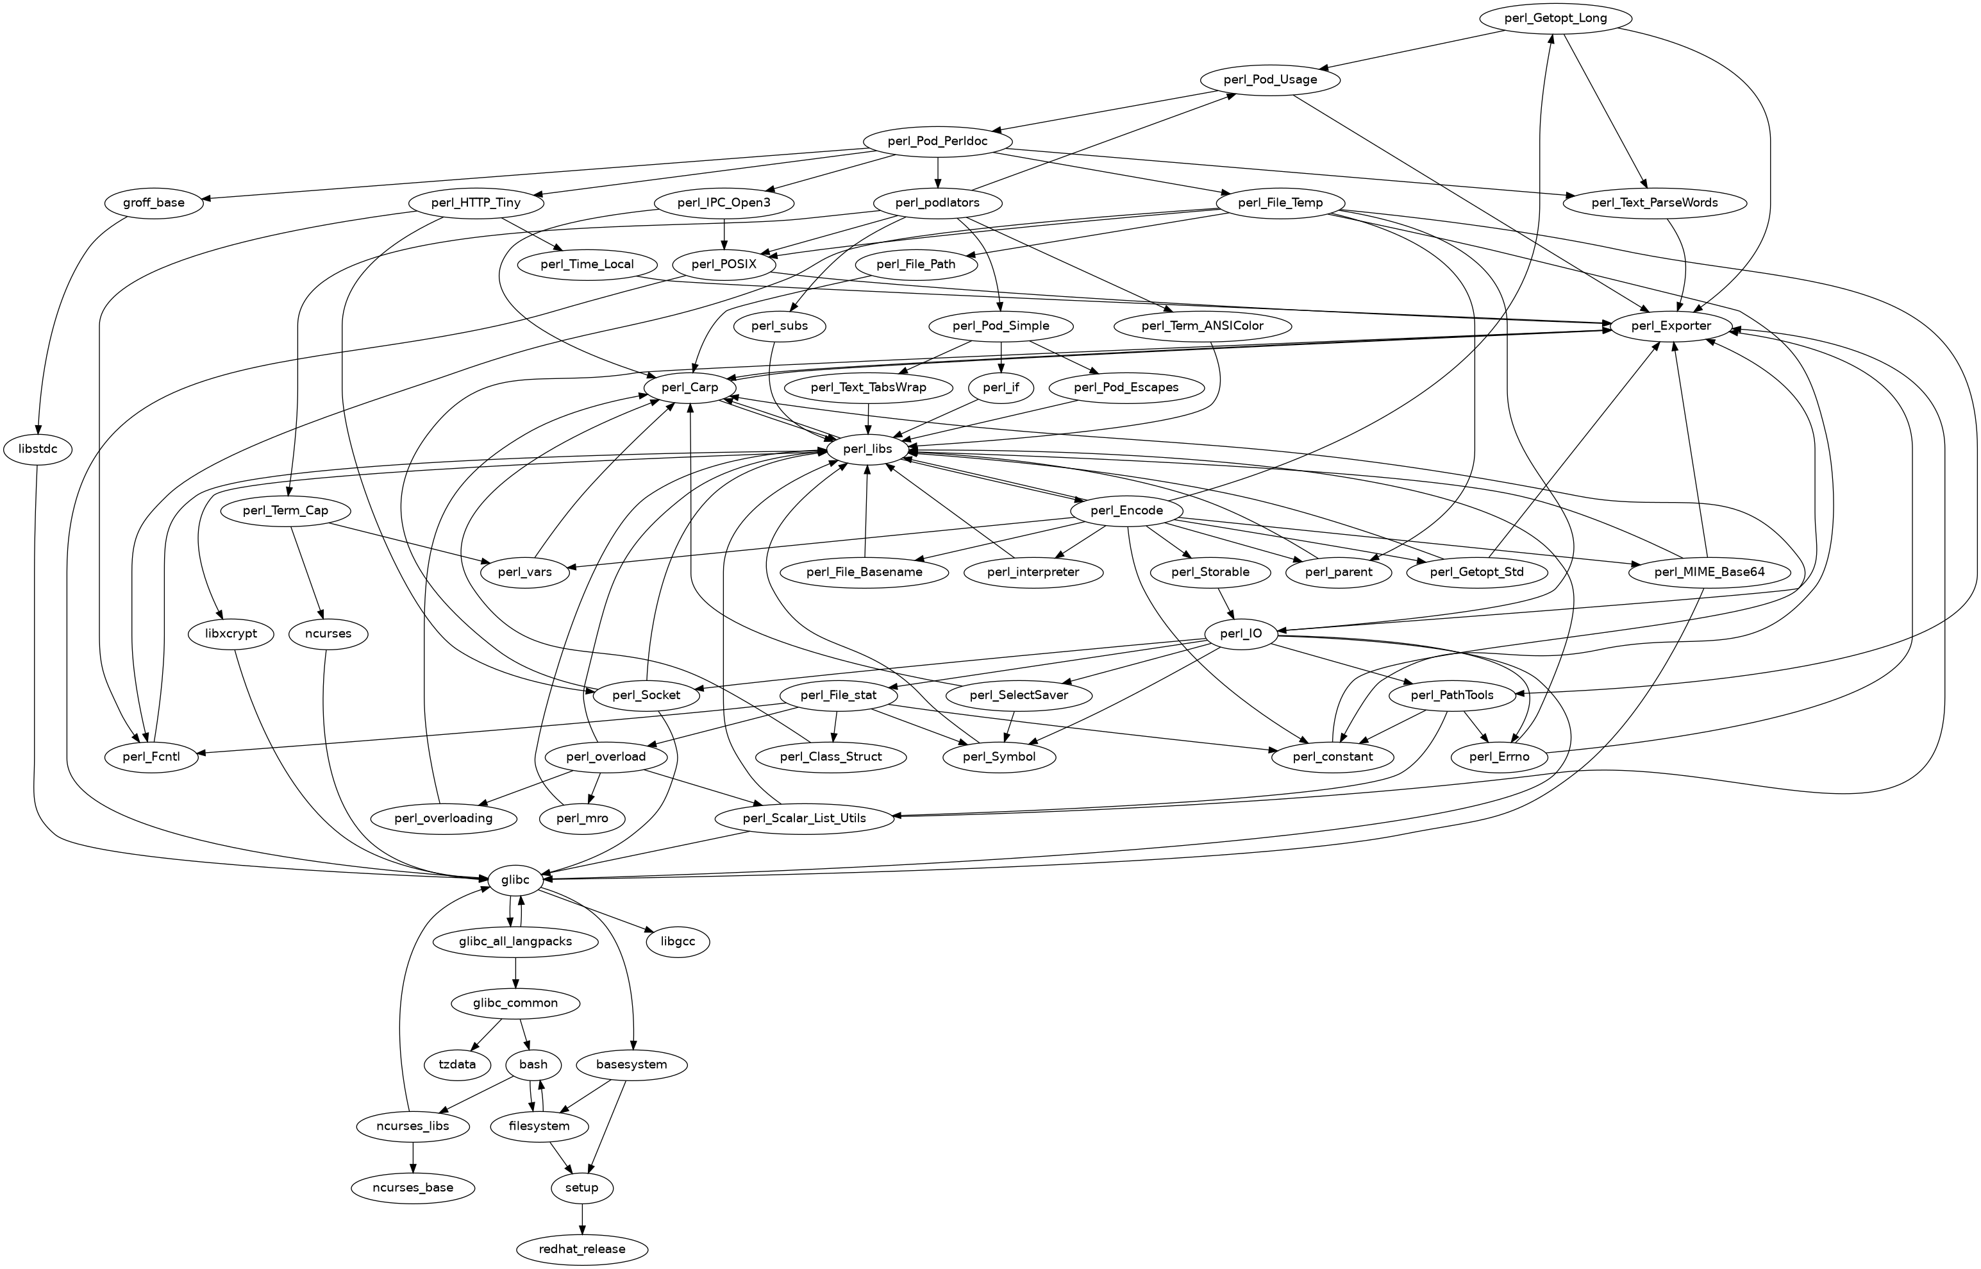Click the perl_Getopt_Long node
(x=1554, y=18)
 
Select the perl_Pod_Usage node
(x=1270, y=80)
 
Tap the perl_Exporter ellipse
(x=1671, y=326)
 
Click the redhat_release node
(x=582, y=1249)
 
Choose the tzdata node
(x=457, y=1064)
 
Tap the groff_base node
(x=154, y=203)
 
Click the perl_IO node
(x=1241, y=634)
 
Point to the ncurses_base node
(x=413, y=1188)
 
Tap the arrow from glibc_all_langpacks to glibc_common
(x=515, y=972)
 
